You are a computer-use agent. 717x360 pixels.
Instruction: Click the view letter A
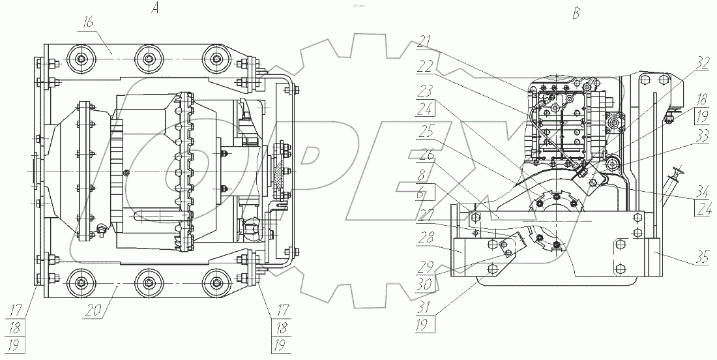pos(156,9)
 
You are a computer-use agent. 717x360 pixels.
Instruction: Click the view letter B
pos(576,14)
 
